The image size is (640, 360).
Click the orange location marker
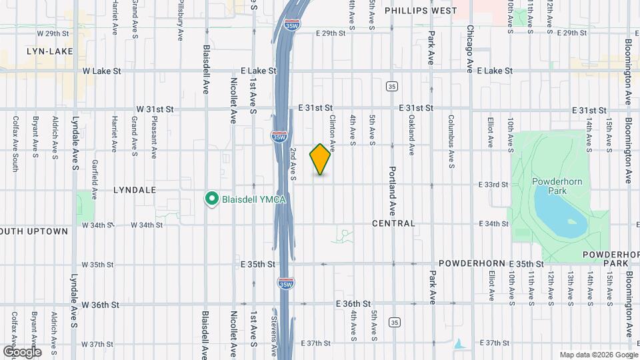click(x=320, y=159)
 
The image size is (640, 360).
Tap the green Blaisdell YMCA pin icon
click(x=212, y=199)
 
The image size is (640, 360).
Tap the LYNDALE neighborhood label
click(x=135, y=190)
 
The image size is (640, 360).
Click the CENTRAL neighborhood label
click(x=393, y=223)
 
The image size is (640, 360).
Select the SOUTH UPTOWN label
click(x=35, y=231)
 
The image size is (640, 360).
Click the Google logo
click(x=21, y=351)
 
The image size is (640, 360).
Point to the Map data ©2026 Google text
click(x=598, y=355)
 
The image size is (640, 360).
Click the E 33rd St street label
click(x=493, y=184)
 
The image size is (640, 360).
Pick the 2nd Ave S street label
click(x=293, y=164)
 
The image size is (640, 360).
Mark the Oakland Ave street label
click(x=412, y=130)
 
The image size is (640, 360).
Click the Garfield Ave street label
click(x=95, y=181)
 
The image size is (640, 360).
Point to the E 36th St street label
click(x=353, y=304)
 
